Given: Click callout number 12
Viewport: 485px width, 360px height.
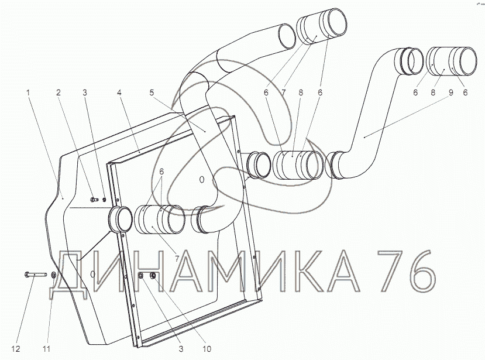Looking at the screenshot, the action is point(16,349).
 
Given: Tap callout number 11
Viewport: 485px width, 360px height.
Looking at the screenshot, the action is point(46,349).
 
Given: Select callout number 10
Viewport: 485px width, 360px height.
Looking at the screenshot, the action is point(207,349).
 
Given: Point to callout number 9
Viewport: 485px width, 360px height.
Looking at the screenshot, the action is point(450,92).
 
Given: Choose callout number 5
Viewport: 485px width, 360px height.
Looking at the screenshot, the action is point(152,92).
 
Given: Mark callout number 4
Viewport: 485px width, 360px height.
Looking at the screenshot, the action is point(119,92).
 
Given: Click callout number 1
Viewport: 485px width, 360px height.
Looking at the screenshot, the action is point(28,92).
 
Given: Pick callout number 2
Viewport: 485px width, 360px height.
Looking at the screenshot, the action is point(58,92).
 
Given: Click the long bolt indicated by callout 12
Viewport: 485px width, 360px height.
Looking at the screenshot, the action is point(35,275).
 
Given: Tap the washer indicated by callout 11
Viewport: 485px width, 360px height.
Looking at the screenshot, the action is point(53,275).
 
